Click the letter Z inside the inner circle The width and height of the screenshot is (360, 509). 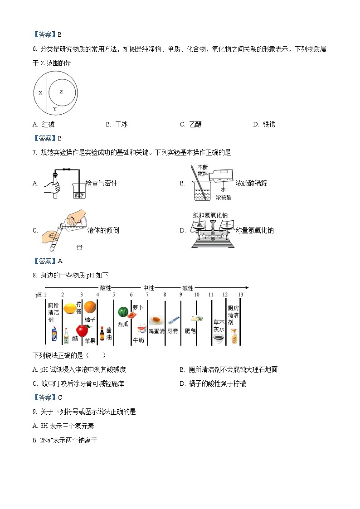coord(61,92)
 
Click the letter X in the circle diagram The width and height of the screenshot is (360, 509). coord(40,93)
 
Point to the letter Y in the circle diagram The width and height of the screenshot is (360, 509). coord(54,109)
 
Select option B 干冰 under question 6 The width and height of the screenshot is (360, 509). coord(117,125)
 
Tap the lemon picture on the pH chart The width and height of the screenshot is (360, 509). coord(69,308)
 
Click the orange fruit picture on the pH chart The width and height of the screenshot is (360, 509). coord(90,307)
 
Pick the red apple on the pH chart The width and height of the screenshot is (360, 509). coord(82,330)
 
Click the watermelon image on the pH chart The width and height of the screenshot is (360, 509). coord(123,312)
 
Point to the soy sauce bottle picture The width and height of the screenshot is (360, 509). coord(102,334)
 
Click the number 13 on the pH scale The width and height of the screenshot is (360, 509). coord(240,295)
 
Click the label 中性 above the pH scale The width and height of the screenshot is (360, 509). coord(149,288)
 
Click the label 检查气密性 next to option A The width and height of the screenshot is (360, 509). coord(102,183)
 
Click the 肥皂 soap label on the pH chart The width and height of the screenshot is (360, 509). coord(190,331)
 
